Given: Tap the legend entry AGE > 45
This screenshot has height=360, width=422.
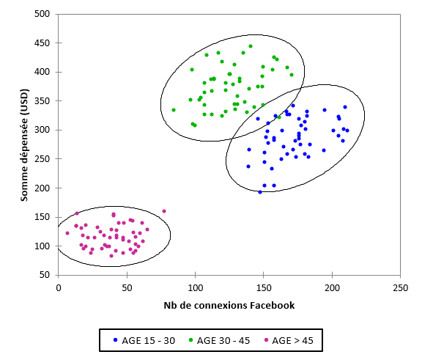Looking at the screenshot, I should pyautogui.click(x=293, y=339).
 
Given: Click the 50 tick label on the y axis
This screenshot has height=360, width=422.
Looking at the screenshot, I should pyautogui.click(x=45, y=275).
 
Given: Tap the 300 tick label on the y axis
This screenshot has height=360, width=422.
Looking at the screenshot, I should pyautogui.click(x=42, y=130).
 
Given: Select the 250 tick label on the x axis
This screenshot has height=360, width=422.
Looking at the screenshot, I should pyautogui.click(x=401, y=287).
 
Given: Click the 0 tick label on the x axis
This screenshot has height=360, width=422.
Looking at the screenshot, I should pyautogui.click(x=59, y=287).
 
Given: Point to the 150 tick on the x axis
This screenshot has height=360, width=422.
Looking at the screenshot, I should pyautogui.click(x=264, y=287).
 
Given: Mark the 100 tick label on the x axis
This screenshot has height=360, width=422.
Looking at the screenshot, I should pyautogui.click(x=196, y=287).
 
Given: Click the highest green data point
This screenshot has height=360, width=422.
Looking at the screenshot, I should pyautogui.click(x=251, y=46).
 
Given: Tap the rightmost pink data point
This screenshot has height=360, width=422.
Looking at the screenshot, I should pyautogui.click(x=164, y=211).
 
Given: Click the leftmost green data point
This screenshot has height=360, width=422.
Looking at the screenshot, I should pyautogui.click(x=174, y=110).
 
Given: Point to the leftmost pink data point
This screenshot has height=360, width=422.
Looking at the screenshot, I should pyautogui.click(x=67, y=233).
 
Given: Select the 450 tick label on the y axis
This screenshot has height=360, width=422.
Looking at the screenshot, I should pyautogui.click(x=42, y=43).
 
